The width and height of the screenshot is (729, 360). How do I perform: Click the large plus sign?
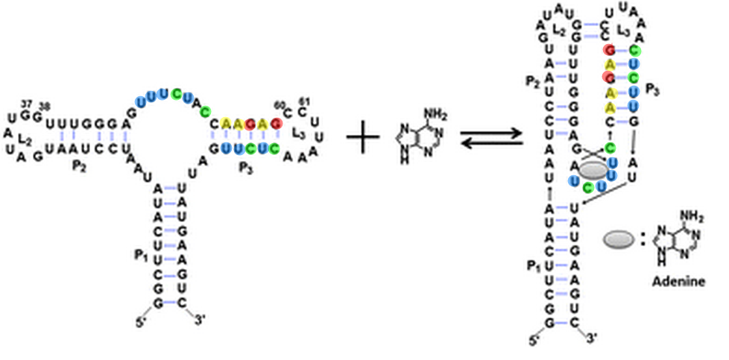point(364,139)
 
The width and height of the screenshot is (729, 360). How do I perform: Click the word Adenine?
point(678,282)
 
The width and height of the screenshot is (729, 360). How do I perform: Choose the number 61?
point(303,101)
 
